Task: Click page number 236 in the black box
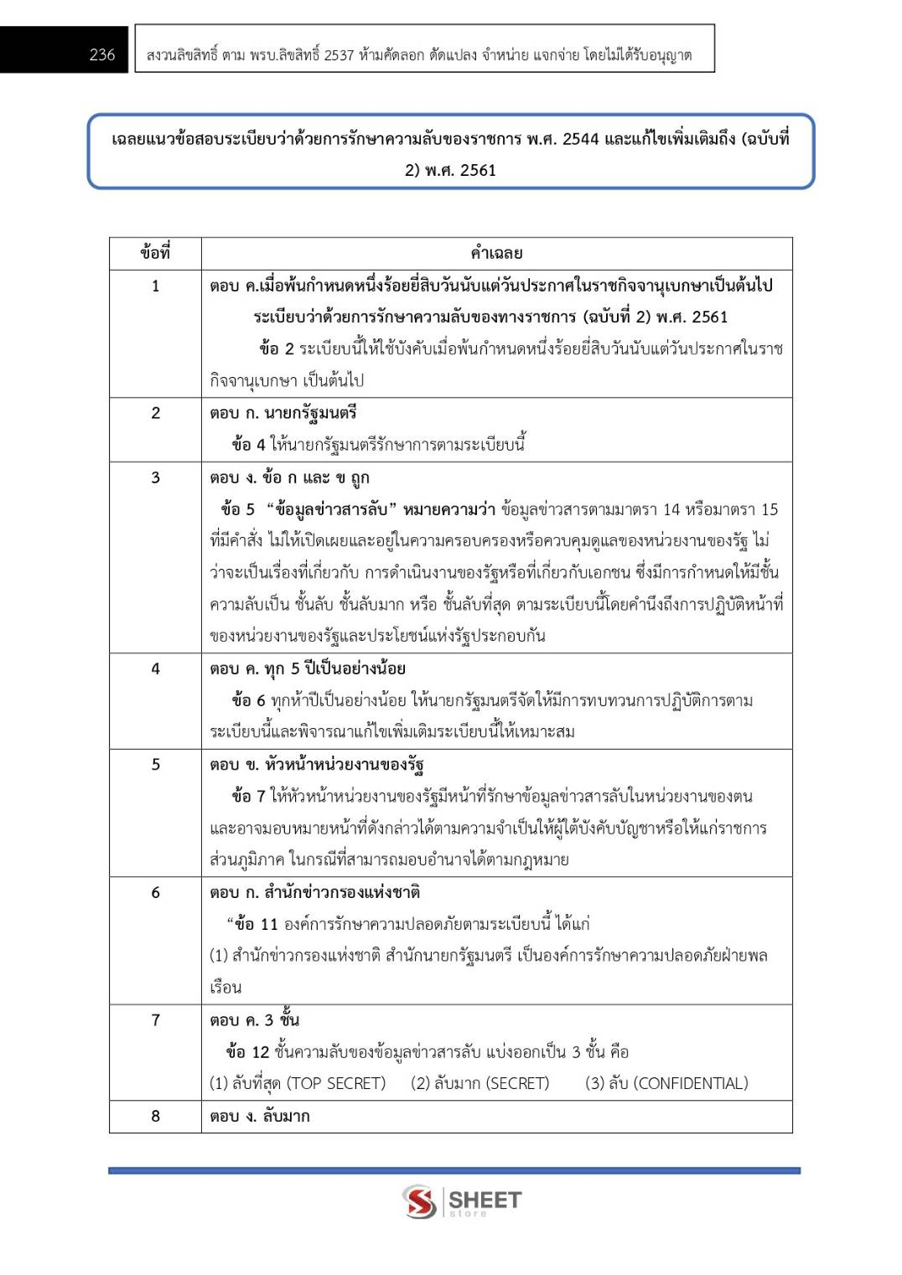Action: coord(102,54)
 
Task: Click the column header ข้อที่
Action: coord(155,252)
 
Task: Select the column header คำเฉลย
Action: coord(496,252)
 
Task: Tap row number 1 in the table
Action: coord(155,286)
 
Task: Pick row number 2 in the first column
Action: coord(155,412)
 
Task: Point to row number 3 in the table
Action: coord(155,477)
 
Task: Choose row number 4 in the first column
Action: coord(155,668)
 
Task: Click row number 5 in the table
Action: coord(155,764)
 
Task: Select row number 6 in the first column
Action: coord(155,892)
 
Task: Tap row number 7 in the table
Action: coord(155,1019)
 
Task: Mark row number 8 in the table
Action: coord(155,1116)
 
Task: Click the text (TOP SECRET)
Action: coord(336,1083)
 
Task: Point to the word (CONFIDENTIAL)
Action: coord(691,1083)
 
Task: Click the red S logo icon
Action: coord(419,1201)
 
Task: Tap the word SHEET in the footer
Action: coord(485,1199)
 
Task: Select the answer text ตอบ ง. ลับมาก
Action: coord(260,1116)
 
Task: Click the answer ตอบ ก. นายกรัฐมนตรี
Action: coord(283,412)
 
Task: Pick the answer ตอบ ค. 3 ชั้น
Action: coord(255,1019)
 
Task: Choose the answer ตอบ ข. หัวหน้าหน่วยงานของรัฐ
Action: coord(317,764)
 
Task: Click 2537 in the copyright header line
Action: coord(339,55)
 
